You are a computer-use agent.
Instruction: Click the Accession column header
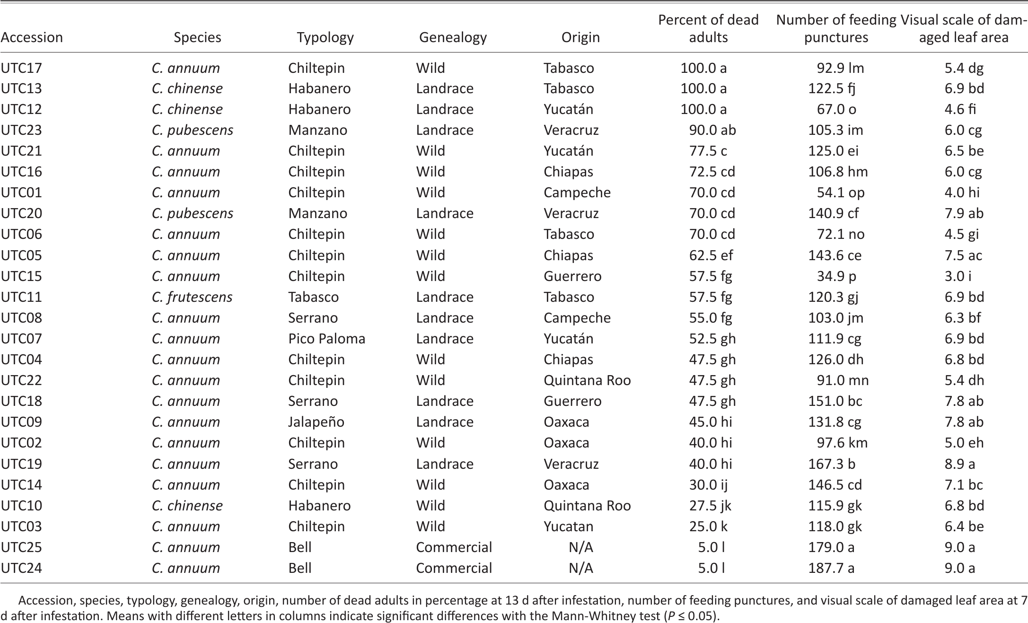click(32, 37)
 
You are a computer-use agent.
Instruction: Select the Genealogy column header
click(453, 37)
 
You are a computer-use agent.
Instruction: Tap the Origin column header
click(580, 37)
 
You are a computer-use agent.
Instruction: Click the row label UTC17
click(21, 68)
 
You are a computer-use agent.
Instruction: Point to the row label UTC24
click(21, 568)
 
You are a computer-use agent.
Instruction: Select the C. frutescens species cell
click(192, 297)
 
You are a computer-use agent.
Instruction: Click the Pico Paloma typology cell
click(327, 339)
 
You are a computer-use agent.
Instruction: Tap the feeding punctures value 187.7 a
click(831, 568)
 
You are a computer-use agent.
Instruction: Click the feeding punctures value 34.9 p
click(836, 276)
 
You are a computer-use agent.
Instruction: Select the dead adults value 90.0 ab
click(712, 130)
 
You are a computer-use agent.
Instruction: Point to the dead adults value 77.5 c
click(708, 151)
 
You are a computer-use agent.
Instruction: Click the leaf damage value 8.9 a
click(960, 464)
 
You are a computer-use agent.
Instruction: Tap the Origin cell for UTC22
click(587, 380)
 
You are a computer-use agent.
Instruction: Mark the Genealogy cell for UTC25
click(454, 547)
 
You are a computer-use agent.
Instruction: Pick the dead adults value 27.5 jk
click(710, 506)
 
